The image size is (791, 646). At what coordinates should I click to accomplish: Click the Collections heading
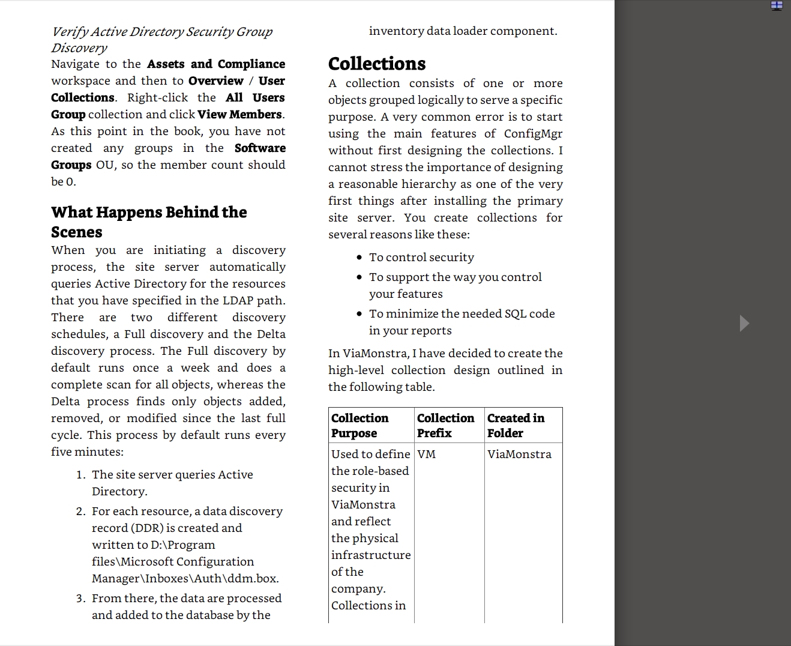click(377, 64)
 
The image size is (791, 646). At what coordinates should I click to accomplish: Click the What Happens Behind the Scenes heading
click(149, 222)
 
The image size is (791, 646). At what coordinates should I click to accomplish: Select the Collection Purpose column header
click(360, 425)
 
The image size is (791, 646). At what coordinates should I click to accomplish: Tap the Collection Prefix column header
click(445, 425)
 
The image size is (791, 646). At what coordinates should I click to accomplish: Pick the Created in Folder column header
click(516, 425)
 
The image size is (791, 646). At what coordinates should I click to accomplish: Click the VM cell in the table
click(427, 454)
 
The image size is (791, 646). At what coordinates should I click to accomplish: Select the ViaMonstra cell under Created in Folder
click(519, 454)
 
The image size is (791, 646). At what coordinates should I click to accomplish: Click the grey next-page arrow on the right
click(744, 323)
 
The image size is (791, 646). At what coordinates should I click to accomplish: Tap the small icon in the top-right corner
click(777, 6)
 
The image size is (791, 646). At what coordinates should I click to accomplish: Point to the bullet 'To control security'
click(421, 258)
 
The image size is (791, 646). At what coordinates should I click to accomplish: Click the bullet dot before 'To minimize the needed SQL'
click(359, 314)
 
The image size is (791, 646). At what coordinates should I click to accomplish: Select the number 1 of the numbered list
click(80, 475)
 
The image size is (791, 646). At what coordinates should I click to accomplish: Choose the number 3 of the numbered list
click(80, 599)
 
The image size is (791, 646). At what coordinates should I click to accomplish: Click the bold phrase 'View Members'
click(239, 115)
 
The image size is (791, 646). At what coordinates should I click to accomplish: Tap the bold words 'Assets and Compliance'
click(216, 64)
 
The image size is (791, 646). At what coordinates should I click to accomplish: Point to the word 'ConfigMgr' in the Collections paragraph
click(533, 134)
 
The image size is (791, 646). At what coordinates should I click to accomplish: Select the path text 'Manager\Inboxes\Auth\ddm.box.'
click(185, 579)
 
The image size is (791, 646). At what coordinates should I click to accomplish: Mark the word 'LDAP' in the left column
click(238, 301)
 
